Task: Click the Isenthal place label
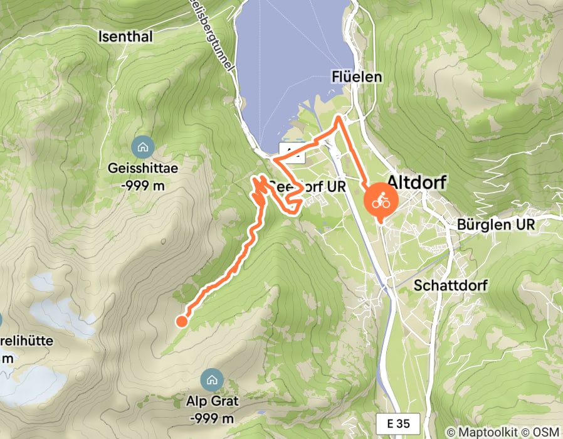[125, 37]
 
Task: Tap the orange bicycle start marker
[380, 202]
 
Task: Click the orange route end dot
[181, 321]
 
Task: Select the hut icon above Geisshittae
[143, 148]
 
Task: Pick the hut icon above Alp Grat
[210, 379]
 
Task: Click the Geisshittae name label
[143, 168]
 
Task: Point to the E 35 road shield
[392, 422]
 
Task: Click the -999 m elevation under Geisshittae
[143, 186]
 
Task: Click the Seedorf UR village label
[307, 186]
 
